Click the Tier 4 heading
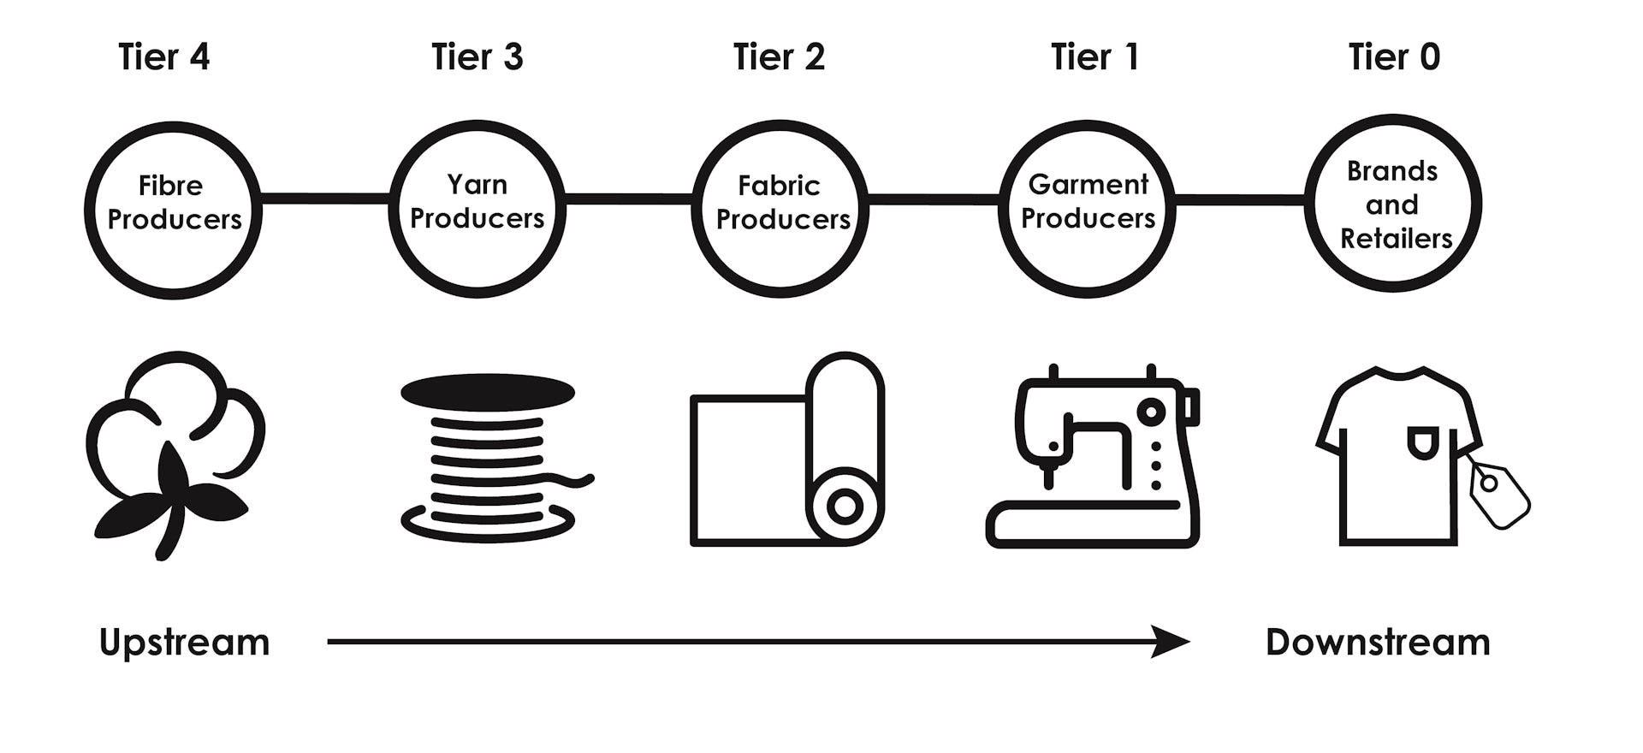click(x=163, y=57)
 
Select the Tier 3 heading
click(x=477, y=57)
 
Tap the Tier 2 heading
click(x=779, y=57)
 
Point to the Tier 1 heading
click(x=1094, y=57)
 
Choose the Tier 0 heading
click(x=1394, y=57)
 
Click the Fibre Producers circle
click(x=174, y=210)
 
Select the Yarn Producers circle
click(x=477, y=208)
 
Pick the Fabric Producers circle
click(x=780, y=209)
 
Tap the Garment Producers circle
click(x=1087, y=208)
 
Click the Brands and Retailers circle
click(x=1393, y=204)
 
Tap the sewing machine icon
click(x=1094, y=458)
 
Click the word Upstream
click(x=184, y=643)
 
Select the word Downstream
click(x=1378, y=643)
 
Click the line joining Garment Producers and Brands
click(x=1239, y=200)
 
